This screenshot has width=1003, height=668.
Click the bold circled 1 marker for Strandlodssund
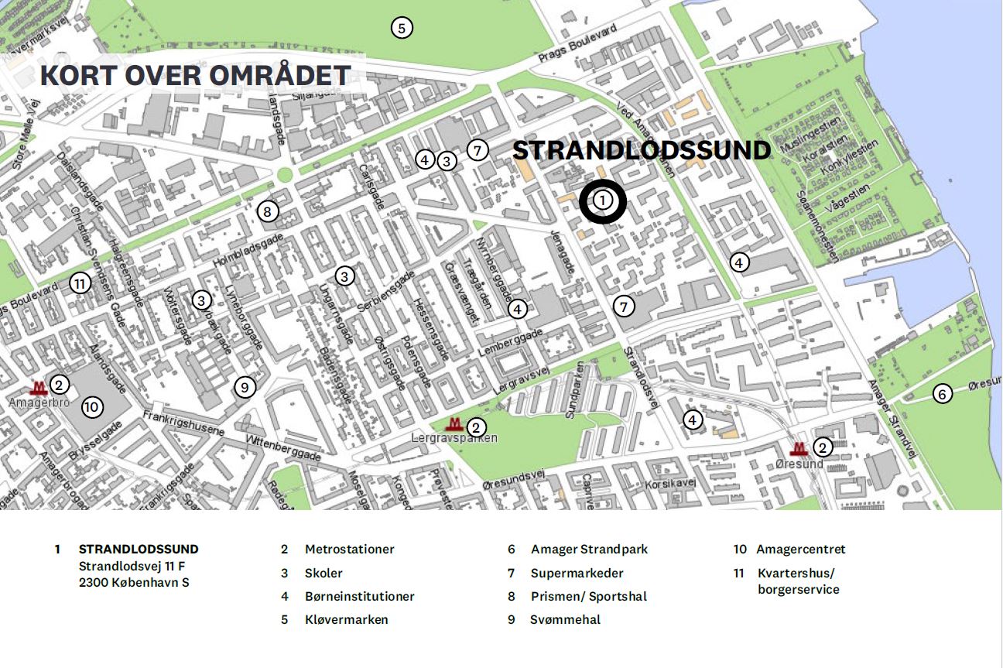point(604,200)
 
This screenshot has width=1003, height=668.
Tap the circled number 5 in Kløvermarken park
point(401,29)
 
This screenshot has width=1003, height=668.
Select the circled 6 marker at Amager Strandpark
point(942,394)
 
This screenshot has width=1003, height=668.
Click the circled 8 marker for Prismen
point(267,211)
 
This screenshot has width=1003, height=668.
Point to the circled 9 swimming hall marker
point(245,387)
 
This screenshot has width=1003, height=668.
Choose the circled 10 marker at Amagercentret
point(91,406)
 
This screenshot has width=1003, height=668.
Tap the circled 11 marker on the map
point(80,283)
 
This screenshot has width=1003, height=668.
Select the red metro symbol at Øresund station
point(799,449)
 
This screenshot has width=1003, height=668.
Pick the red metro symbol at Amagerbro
point(38,388)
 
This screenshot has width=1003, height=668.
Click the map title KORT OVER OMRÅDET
point(195,76)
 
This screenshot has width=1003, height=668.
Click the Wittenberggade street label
point(282,448)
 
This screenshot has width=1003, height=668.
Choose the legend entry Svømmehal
point(565,619)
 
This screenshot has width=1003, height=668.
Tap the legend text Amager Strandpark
point(589,550)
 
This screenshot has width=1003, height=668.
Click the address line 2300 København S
point(134,582)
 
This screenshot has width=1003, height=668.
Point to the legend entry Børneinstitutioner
point(359,596)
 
